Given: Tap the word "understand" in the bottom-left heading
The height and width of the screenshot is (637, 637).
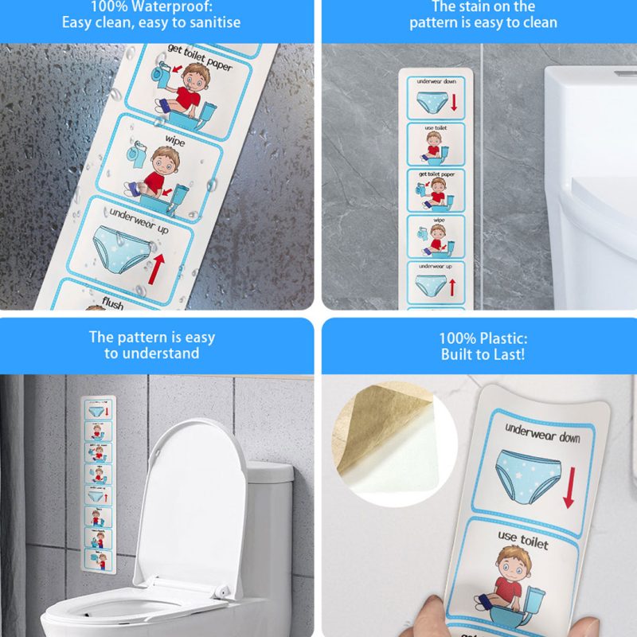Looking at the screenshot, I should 151,353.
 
